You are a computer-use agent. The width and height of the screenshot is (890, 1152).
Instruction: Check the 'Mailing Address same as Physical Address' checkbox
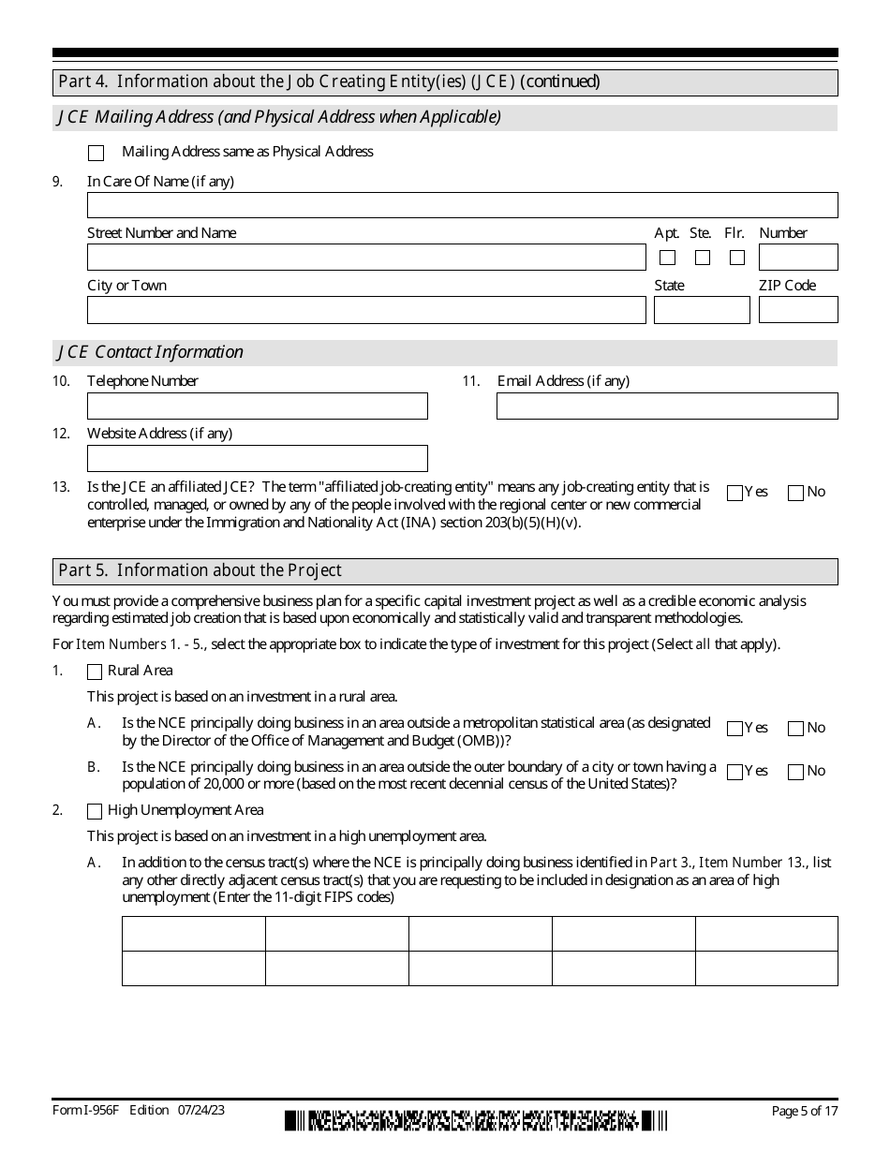point(96,153)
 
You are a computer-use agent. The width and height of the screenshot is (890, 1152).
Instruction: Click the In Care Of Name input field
point(462,205)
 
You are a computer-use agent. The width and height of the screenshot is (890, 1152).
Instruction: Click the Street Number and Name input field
point(366,258)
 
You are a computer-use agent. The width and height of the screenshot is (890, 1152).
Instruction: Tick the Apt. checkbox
point(667,258)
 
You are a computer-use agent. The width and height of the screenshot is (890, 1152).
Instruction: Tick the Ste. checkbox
point(703,258)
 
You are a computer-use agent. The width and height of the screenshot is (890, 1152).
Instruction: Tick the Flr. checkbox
point(737,258)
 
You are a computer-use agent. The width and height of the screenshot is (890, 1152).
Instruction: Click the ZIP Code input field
point(798,310)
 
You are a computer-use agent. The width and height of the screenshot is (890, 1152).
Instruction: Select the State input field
point(702,310)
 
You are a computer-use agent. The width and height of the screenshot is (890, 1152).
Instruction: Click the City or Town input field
point(366,310)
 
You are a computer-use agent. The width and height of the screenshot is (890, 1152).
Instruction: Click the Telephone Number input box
point(257,406)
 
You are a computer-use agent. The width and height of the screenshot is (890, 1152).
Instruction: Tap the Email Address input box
point(667,406)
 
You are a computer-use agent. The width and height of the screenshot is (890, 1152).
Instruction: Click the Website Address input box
point(257,458)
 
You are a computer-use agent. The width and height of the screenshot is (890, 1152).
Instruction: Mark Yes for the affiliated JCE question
point(735,493)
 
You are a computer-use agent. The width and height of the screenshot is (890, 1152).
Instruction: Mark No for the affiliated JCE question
point(796,493)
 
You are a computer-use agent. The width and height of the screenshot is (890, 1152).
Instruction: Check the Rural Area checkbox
point(95,672)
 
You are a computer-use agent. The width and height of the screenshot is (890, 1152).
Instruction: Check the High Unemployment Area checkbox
point(95,811)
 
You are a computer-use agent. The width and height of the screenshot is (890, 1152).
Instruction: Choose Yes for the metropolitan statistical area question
point(735,729)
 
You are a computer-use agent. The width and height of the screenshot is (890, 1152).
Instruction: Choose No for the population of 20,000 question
point(796,772)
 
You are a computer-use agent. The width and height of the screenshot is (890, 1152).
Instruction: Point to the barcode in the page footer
point(476,1120)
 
